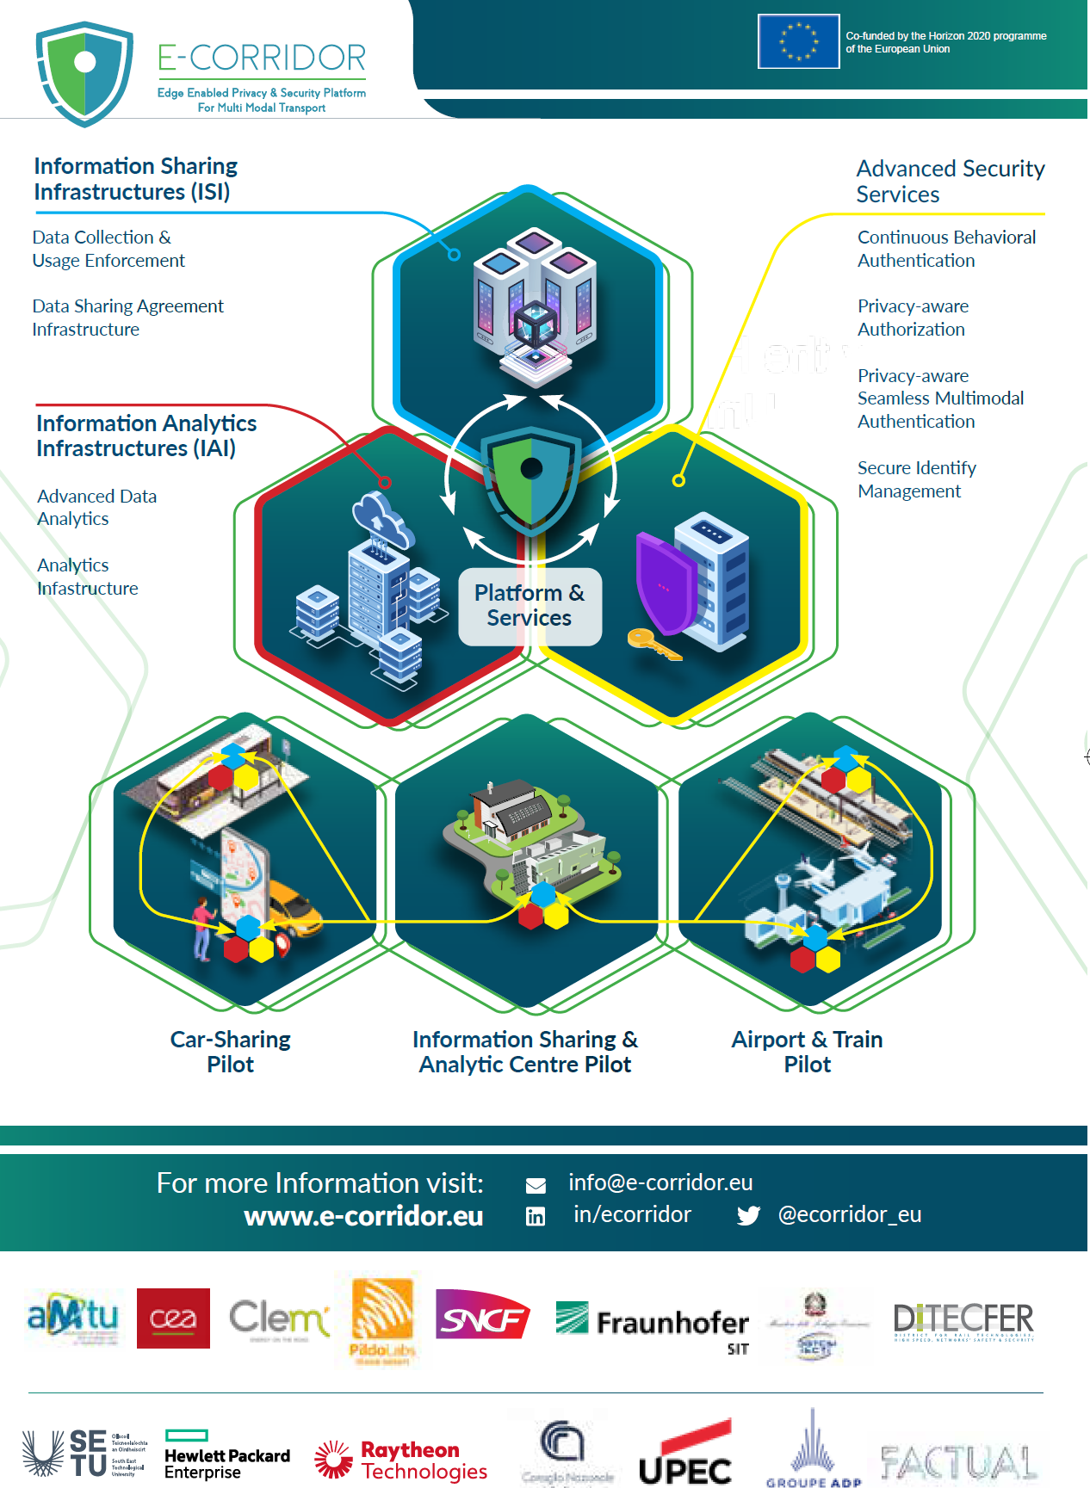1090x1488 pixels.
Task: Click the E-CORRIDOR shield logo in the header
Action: tap(84, 73)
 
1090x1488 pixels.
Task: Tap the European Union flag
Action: tap(798, 41)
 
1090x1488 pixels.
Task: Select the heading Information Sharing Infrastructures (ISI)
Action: tap(135, 179)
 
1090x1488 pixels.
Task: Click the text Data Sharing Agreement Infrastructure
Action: tap(127, 318)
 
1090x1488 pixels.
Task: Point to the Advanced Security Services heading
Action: tap(950, 181)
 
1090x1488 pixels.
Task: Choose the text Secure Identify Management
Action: tap(916, 479)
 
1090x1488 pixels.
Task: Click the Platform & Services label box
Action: tap(530, 606)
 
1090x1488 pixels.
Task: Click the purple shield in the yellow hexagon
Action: tap(665, 582)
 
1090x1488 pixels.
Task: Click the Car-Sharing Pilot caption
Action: tap(231, 1052)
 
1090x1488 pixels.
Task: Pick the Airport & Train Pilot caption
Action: tap(807, 1052)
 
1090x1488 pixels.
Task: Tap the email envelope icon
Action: tap(536, 1186)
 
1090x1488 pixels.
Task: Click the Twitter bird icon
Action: tap(748, 1215)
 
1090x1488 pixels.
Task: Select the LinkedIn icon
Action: tap(536, 1216)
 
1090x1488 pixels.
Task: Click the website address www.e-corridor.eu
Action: tap(363, 1216)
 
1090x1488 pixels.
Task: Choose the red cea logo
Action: tap(173, 1318)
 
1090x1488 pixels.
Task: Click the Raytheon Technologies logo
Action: tap(401, 1460)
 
